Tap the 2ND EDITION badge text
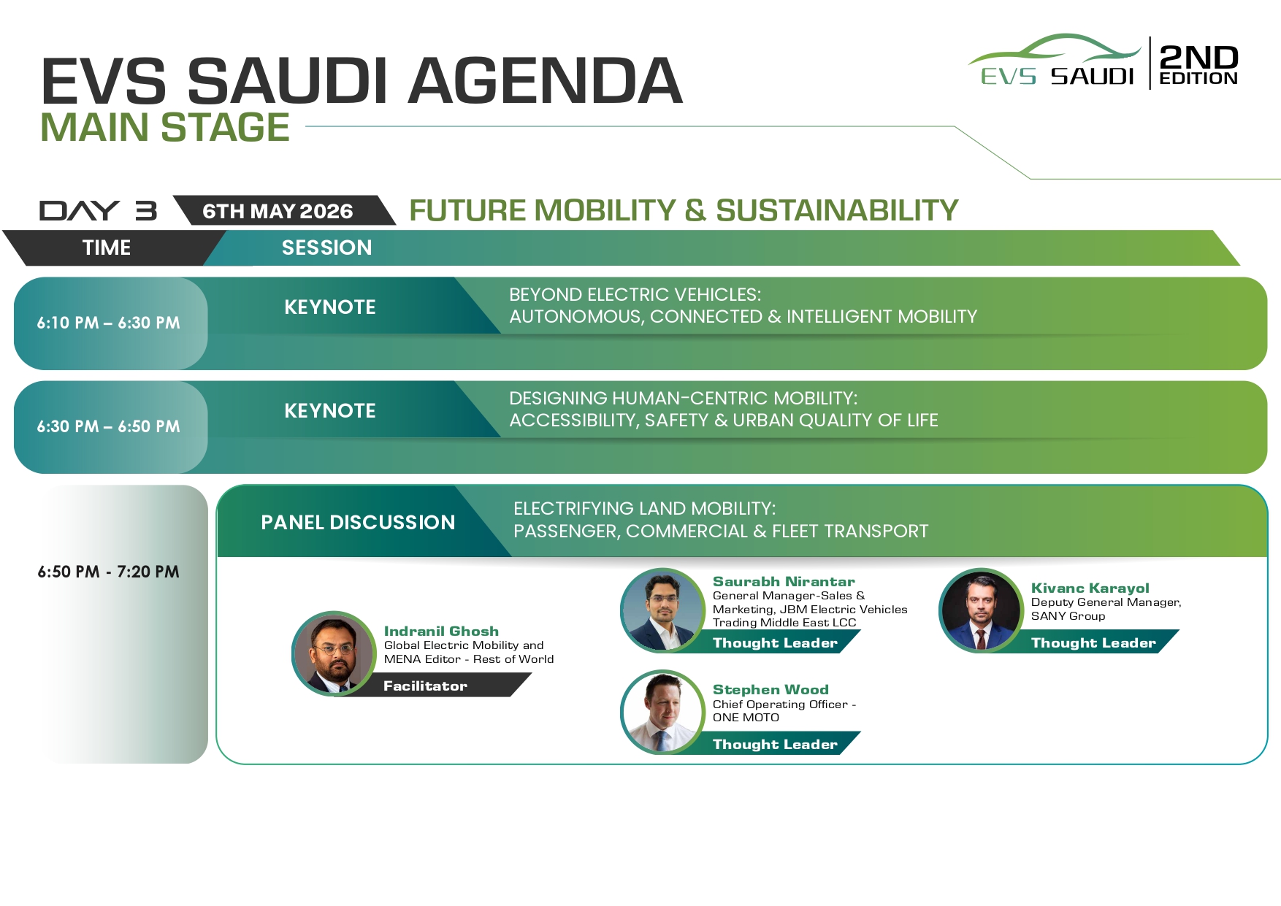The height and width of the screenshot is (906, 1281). (1198, 65)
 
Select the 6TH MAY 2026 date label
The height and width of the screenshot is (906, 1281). (278, 211)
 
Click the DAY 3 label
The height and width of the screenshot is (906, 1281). (98, 211)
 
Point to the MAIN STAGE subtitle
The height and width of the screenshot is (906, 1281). (165, 128)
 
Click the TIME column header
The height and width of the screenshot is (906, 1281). (107, 247)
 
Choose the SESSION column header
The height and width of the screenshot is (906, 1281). (326, 247)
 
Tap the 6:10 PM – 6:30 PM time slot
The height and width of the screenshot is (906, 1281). (109, 323)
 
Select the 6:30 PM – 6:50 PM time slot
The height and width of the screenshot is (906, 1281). (109, 426)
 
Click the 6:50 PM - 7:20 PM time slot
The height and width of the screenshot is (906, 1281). (109, 572)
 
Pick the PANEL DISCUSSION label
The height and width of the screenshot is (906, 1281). (358, 522)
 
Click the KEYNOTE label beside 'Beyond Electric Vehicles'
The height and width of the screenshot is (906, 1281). (330, 307)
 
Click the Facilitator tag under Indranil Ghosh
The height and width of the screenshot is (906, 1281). (425, 686)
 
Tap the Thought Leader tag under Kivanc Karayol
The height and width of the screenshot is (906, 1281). (1093, 642)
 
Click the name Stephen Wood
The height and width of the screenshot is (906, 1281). (770, 690)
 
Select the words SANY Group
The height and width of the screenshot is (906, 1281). (1068, 616)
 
